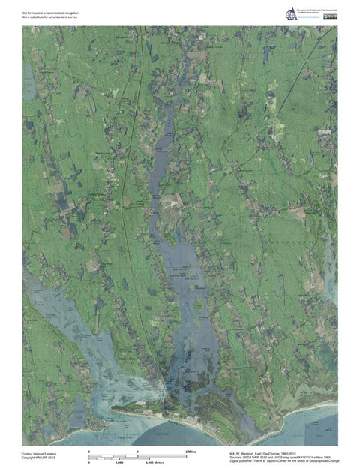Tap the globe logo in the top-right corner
pos(292,13)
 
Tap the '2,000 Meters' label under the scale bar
pos(174,463)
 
